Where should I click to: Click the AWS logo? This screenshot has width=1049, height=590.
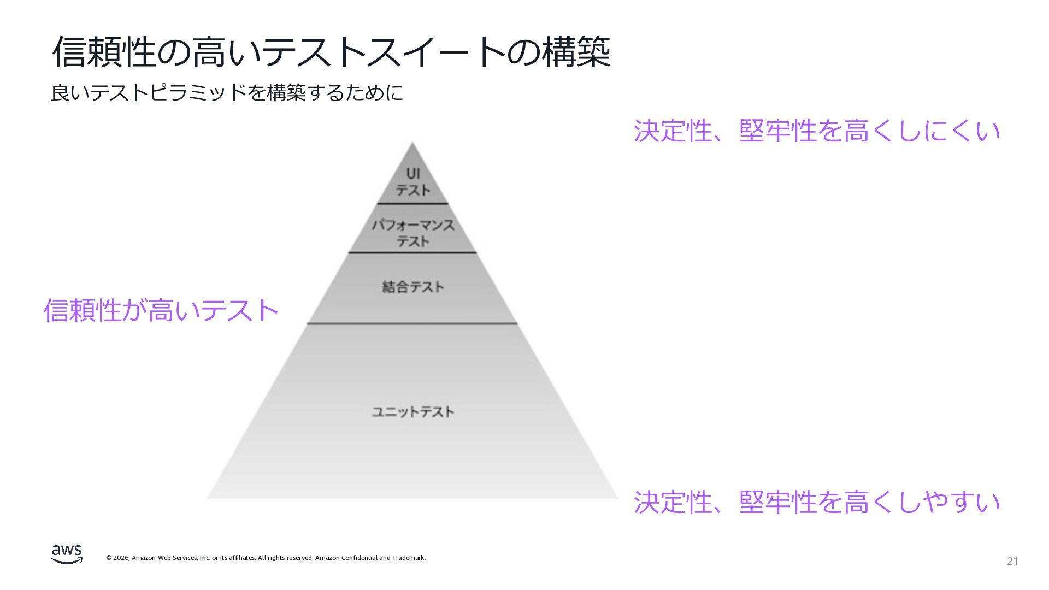pyautogui.click(x=67, y=554)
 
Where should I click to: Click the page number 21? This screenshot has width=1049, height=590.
pyautogui.click(x=1012, y=561)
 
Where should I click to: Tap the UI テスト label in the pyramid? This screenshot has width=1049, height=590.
pyautogui.click(x=413, y=182)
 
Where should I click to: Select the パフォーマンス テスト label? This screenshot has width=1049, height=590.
pyautogui.click(x=413, y=233)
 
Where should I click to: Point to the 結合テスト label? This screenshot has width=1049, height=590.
pyautogui.click(x=413, y=287)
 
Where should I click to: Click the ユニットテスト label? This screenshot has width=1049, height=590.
pyautogui.click(x=413, y=411)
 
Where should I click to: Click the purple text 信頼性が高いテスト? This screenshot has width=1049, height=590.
pyautogui.click(x=161, y=310)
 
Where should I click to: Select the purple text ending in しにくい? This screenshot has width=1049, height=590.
pyautogui.click(x=817, y=131)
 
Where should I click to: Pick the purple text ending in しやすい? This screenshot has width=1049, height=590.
pyautogui.click(x=817, y=502)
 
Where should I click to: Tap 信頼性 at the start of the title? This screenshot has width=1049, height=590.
pyautogui.click(x=104, y=52)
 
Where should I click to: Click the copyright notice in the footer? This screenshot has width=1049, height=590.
pyautogui.click(x=266, y=558)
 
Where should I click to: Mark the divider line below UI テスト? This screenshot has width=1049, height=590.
pyautogui.click(x=412, y=204)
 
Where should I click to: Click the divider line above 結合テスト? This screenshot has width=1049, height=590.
pyautogui.click(x=412, y=252)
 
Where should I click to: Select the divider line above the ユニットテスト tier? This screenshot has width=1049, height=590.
pyautogui.click(x=412, y=323)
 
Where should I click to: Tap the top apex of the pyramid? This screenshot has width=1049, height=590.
pyautogui.click(x=412, y=145)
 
